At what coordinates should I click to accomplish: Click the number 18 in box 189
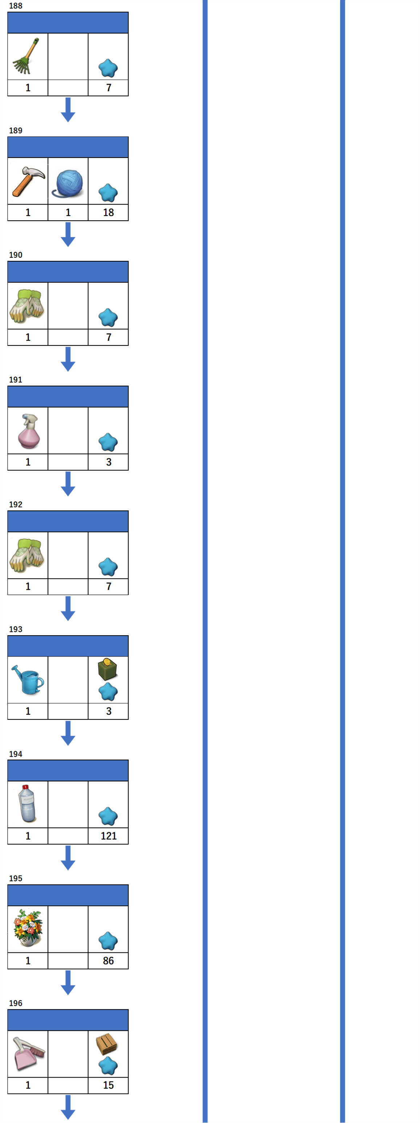pos(108,212)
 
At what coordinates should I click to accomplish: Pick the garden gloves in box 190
pos(27,306)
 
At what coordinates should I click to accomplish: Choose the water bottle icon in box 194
pos(27,804)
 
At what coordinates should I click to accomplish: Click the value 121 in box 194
pos(108,836)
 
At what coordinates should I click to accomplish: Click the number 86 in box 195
pos(108,960)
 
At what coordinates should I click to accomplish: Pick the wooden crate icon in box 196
pos(107,1044)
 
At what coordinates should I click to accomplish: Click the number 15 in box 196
pos(108,1085)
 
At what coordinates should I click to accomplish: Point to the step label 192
pos(16,505)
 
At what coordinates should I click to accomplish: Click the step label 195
pos(16,878)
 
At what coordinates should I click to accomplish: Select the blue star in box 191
pos(108,442)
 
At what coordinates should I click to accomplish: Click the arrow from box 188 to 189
pos(68,110)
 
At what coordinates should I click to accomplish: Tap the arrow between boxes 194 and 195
pos(68,858)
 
